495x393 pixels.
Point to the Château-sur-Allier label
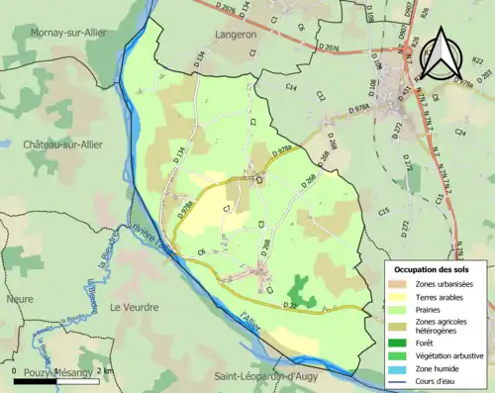pyautogui.click(x=63, y=144)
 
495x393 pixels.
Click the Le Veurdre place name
pyautogui.click(x=134, y=307)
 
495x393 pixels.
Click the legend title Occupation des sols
pyautogui.click(x=434, y=269)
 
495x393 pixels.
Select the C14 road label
pyautogui.click(x=292, y=89)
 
